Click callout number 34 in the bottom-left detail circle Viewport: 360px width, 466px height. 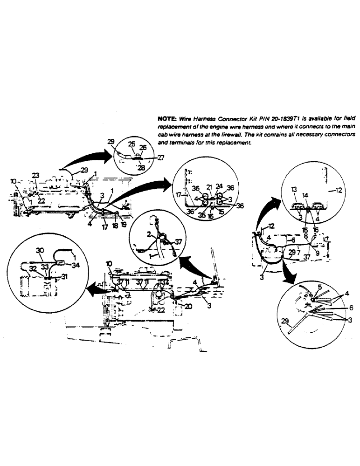pos(76,266)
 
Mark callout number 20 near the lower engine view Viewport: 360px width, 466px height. pos(188,306)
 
